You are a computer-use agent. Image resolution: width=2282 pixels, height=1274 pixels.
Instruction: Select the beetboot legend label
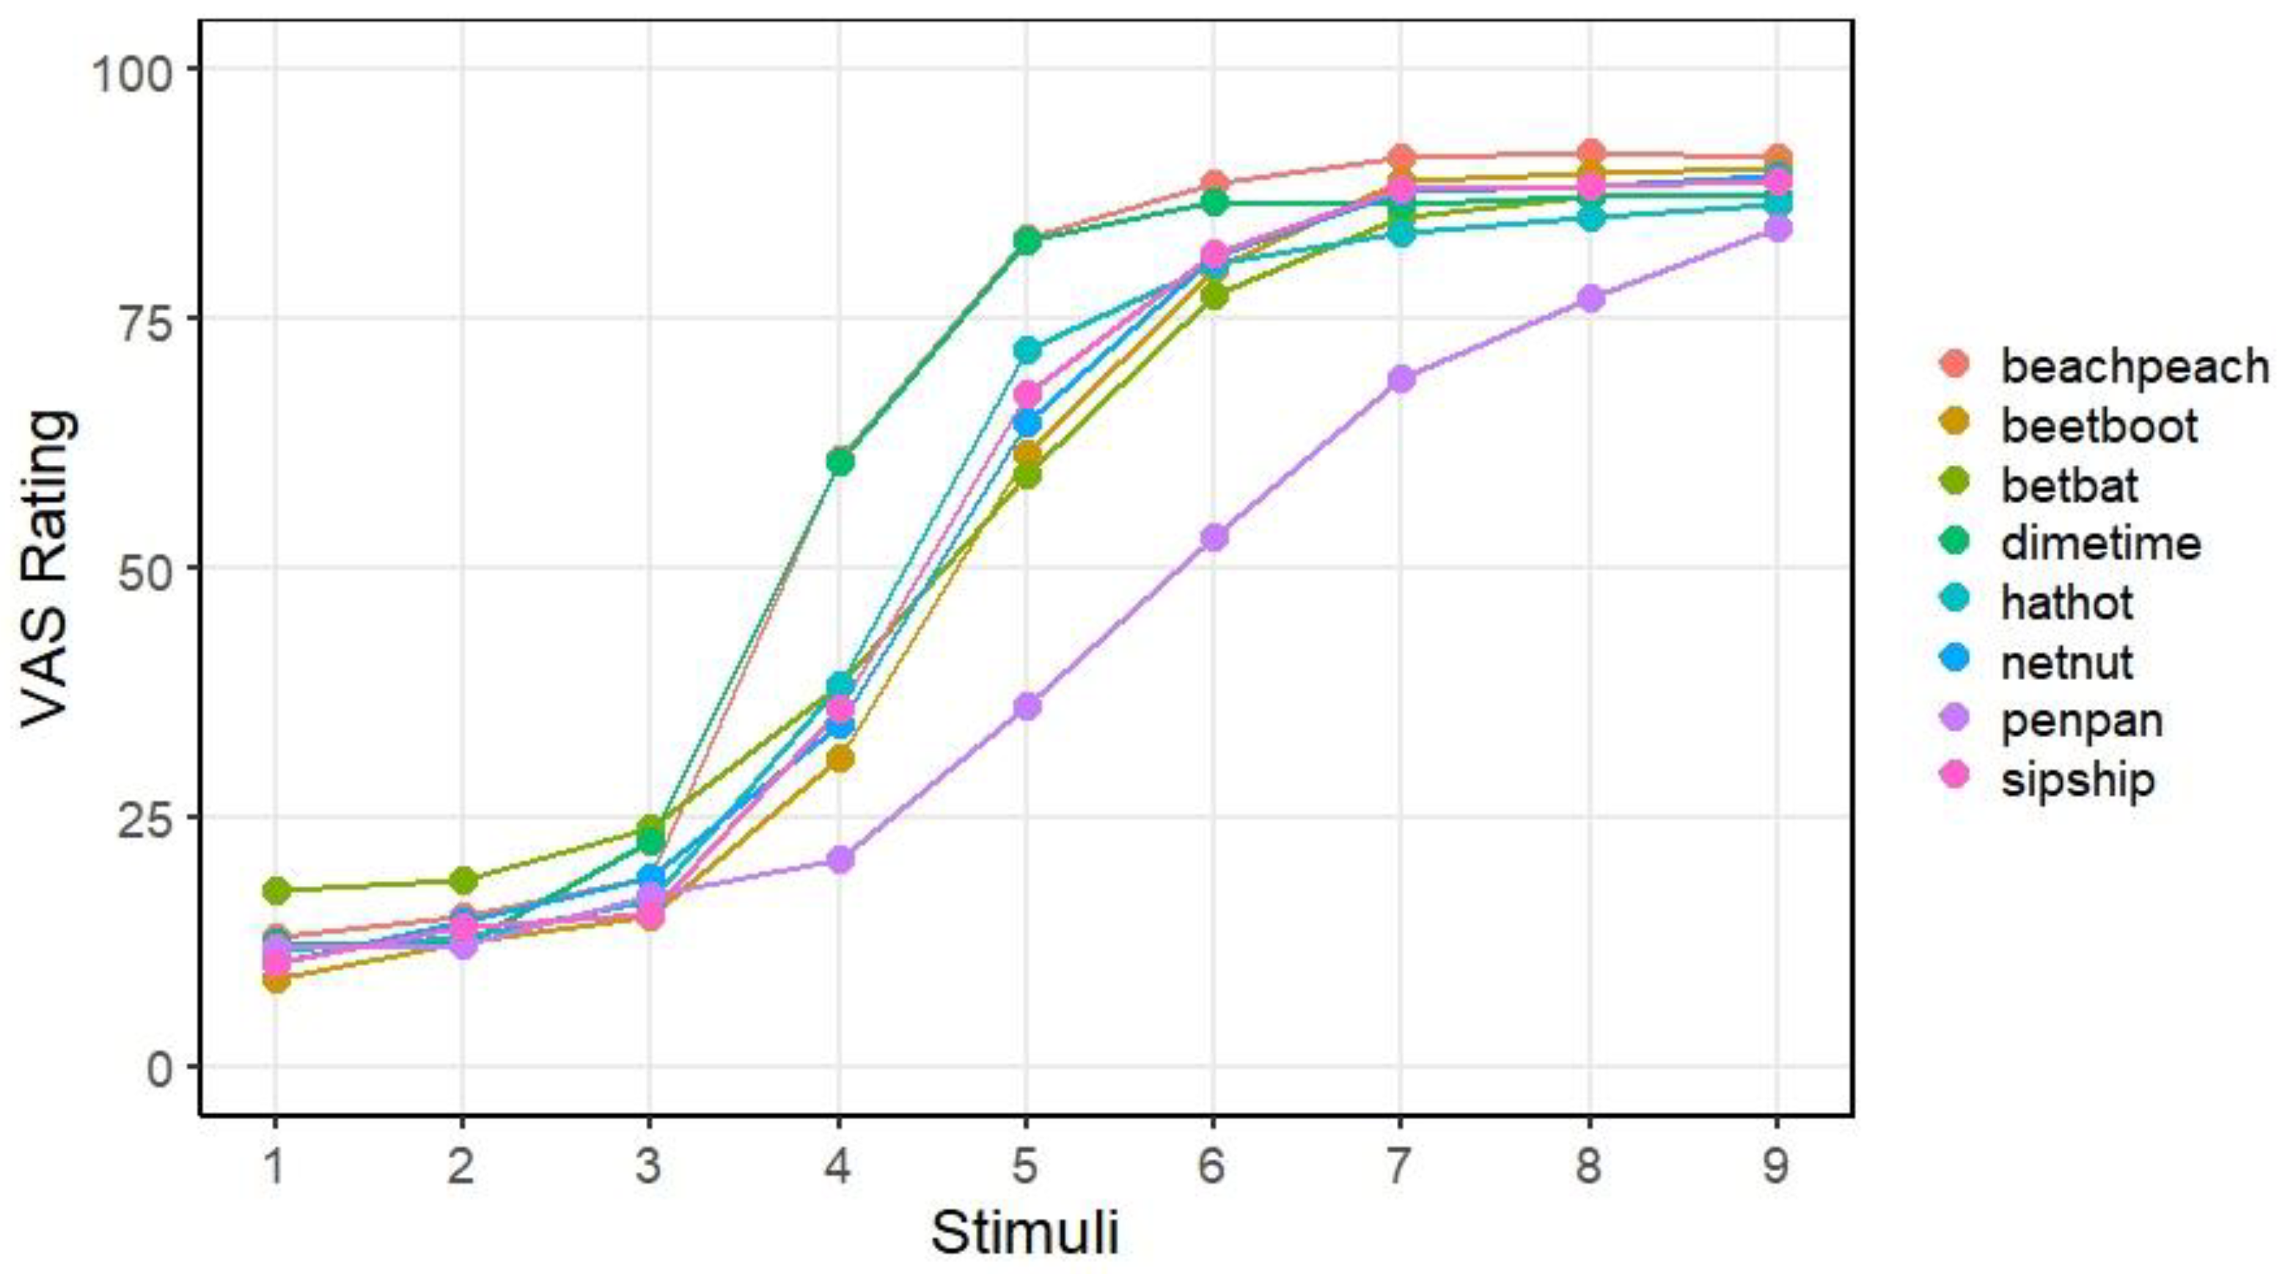click(2099, 425)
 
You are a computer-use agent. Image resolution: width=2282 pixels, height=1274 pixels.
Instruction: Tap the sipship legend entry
click(2077, 778)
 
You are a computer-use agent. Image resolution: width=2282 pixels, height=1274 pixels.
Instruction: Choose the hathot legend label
click(2066, 602)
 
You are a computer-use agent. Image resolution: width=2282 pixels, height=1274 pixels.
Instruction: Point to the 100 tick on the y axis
click(136, 69)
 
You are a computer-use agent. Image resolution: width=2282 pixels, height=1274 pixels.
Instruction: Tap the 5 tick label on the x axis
click(1025, 1166)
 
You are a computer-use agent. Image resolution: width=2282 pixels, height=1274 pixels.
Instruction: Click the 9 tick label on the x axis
click(1775, 1166)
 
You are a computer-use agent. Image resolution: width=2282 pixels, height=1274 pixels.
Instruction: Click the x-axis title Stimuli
click(1025, 1232)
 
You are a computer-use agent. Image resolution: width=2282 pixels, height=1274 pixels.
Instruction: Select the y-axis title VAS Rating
click(48, 567)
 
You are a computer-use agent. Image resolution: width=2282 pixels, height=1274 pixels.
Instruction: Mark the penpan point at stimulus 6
click(1214, 537)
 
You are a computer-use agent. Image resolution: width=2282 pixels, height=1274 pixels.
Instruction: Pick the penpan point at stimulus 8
click(1589, 299)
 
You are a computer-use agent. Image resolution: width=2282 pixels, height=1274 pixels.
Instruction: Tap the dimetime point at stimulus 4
click(839, 461)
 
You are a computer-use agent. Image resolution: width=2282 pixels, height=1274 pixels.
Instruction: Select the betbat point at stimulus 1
click(276, 890)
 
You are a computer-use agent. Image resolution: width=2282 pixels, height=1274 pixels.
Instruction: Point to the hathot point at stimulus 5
click(1026, 350)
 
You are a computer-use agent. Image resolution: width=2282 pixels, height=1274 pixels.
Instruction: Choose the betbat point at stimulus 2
click(463, 881)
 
